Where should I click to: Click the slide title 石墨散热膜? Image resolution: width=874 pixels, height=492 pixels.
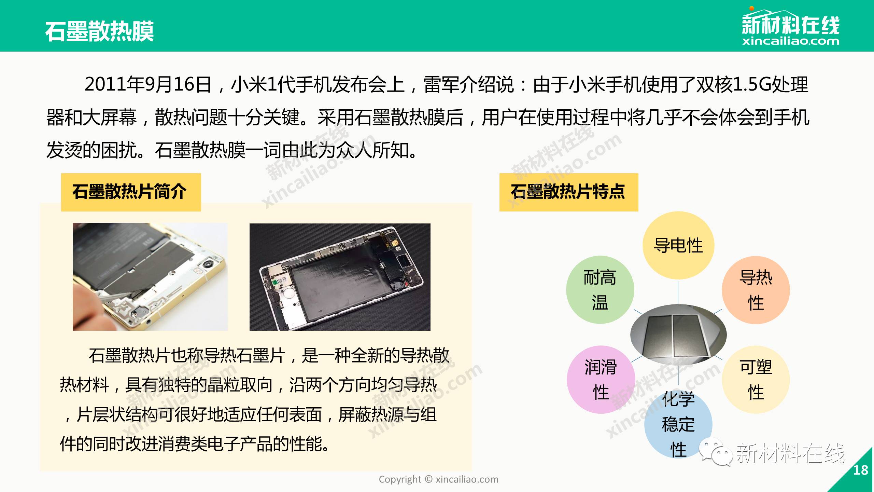[x=99, y=31]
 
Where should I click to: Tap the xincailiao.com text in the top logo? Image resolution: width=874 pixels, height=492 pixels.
[x=790, y=41]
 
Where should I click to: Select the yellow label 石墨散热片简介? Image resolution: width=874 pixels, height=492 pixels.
[x=131, y=192]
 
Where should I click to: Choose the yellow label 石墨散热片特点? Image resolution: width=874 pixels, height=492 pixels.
[x=569, y=192]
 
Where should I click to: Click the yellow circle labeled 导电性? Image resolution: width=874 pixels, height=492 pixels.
[x=678, y=245]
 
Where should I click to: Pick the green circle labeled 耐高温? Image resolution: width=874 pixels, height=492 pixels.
[x=600, y=290]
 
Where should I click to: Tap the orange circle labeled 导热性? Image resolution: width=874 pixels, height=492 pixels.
[x=756, y=290]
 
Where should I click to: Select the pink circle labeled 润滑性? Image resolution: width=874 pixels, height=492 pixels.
[x=601, y=379]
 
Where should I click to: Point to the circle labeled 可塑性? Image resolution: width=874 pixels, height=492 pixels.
[x=756, y=379]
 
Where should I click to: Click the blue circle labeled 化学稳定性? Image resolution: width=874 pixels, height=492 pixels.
[x=678, y=424]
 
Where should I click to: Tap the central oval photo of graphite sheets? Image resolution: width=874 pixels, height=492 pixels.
[x=678, y=334]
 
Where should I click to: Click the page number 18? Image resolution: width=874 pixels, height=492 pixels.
[x=860, y=470]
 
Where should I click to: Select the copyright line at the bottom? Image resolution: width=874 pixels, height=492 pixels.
[x=438, y=479]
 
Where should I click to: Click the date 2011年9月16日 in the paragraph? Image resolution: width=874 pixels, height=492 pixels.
[x=148, y=84]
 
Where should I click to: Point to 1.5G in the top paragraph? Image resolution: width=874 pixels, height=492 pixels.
[x=752, y=84]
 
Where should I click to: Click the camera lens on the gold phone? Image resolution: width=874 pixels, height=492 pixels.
[x=207, y=266]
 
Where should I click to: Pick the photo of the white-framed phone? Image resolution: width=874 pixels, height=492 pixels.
[x=340, y=277]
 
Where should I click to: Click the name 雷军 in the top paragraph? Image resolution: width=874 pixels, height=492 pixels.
[x=441, y=84]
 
